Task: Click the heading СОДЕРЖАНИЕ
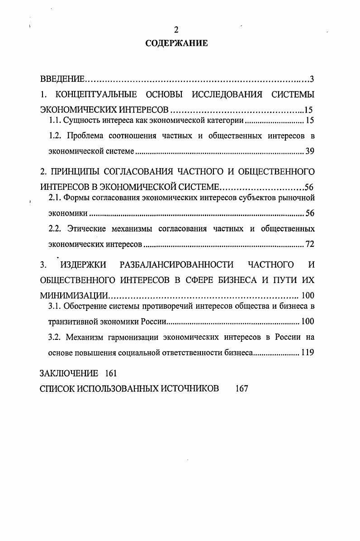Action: tap(176, 43)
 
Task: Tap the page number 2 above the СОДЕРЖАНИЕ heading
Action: tap(176, 30)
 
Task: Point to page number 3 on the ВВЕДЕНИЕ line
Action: tap(312, 80)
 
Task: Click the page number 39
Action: tap(309, 152)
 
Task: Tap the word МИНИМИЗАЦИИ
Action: tap(75, 296)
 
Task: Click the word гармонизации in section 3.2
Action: tap(128, 337)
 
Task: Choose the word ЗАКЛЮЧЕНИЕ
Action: tap(69, 373)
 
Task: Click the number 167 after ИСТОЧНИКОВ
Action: tap(242, 389)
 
